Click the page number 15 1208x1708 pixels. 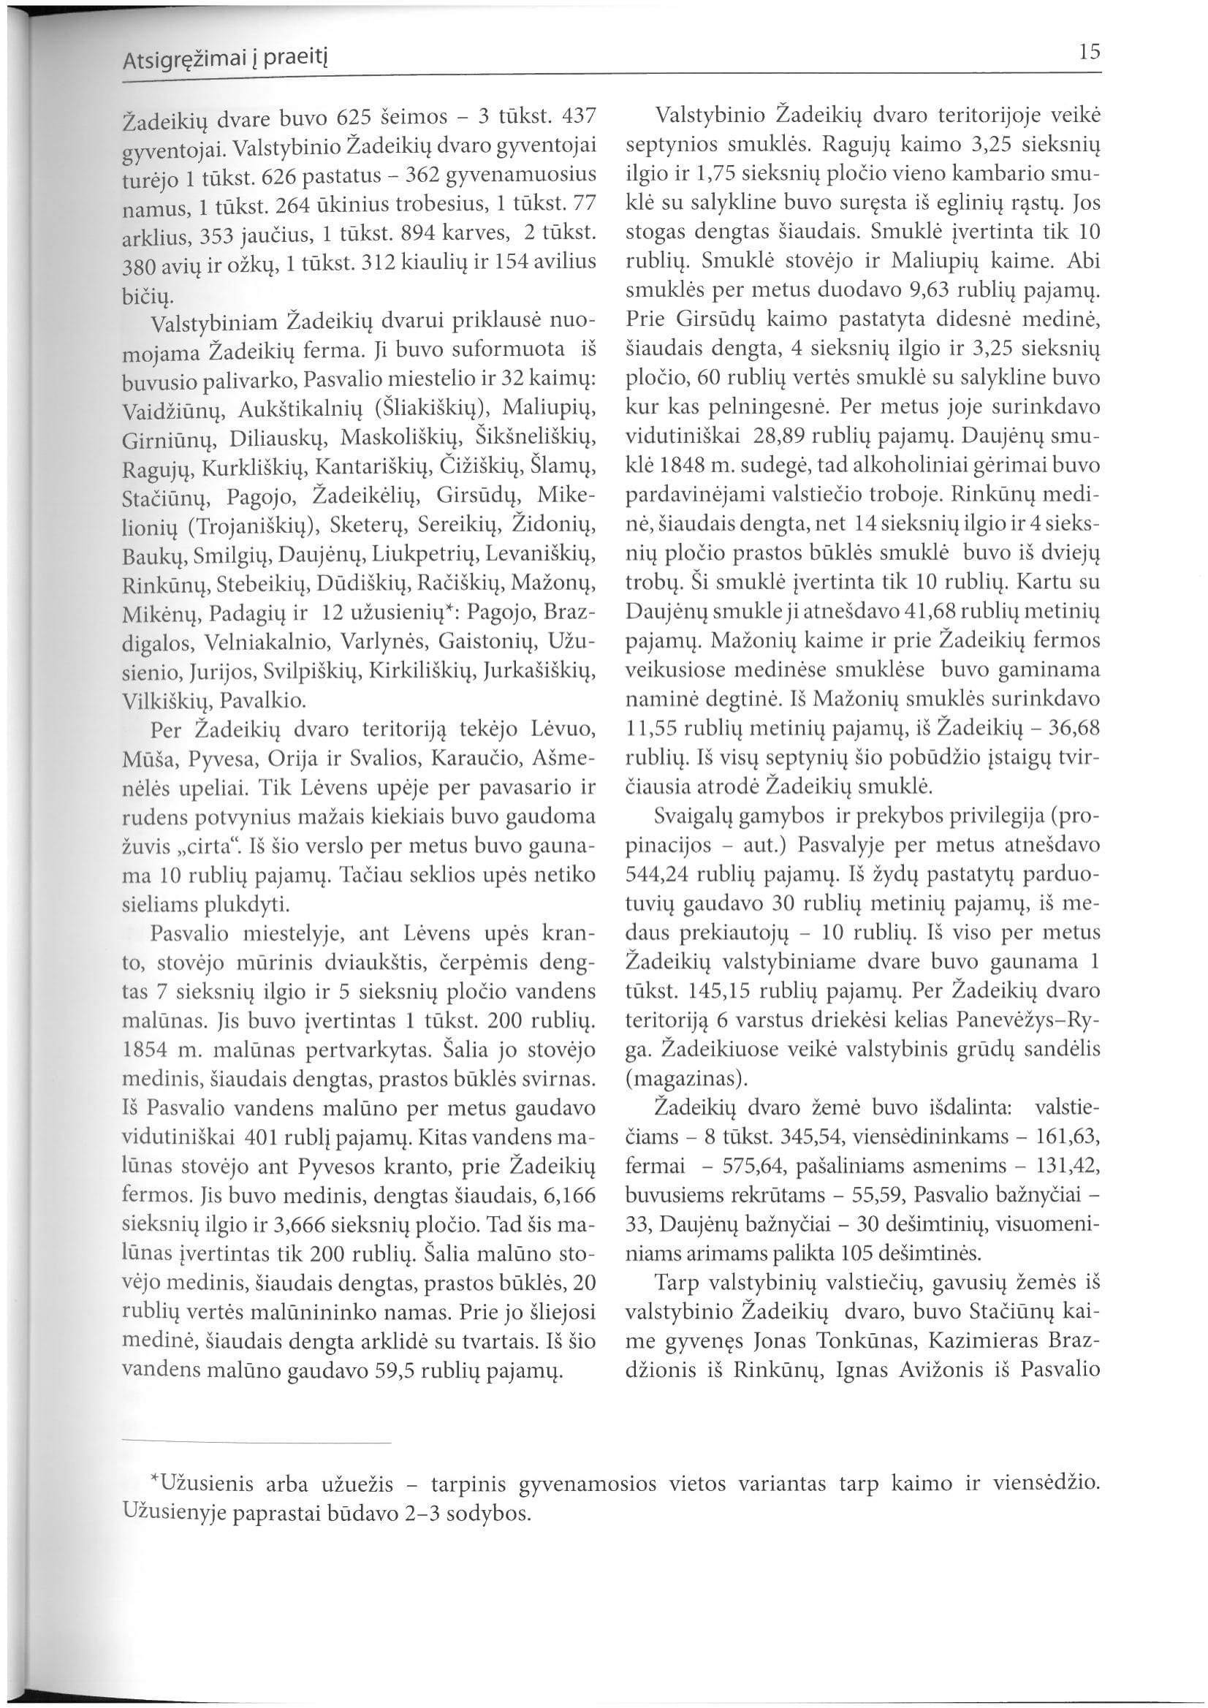tap(1090, 52)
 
